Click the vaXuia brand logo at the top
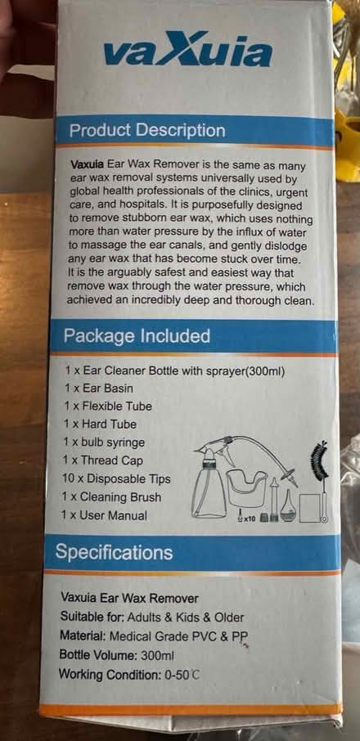(187, 54)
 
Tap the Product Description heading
(146, 131)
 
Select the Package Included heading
(137, 336)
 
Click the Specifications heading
(114, 553)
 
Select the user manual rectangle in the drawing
(308, 507)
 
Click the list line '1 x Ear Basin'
(99, 388)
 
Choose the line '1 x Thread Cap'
(105, 460)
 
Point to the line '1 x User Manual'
(106, 515)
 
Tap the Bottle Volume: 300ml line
(117, 655)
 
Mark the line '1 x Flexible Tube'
(108, 406)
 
